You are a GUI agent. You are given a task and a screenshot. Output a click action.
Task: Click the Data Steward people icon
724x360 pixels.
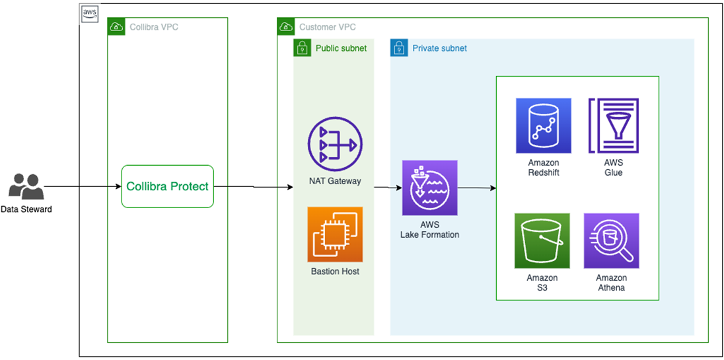coord(26,187)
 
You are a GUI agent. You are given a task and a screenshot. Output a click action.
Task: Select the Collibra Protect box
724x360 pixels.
coord(167,186)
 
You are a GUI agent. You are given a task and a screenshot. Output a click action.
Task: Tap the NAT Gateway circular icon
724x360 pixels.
coord(335,145)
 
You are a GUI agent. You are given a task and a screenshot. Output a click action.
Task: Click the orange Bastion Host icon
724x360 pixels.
coord(335,234)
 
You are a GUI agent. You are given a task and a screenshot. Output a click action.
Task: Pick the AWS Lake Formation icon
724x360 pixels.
coord(429,188)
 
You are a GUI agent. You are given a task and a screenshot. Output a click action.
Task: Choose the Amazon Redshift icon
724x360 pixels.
coord(543,126)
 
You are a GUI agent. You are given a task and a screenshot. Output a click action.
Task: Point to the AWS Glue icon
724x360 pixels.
coord(613,126)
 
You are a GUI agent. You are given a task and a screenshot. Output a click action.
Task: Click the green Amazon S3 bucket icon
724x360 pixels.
coord(542,240)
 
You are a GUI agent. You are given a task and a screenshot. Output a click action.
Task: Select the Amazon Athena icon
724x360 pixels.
coord(611,240)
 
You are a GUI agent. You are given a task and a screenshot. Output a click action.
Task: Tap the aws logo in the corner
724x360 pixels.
coord(89,13)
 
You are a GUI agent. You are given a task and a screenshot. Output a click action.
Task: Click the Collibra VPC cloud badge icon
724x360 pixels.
coord(116,26)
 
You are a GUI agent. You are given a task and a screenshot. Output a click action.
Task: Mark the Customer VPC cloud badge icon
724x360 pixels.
coord(286,26)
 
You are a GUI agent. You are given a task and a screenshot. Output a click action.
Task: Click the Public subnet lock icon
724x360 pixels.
coord(302,48)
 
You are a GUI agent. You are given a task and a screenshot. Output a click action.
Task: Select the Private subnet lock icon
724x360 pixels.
coord(399,48)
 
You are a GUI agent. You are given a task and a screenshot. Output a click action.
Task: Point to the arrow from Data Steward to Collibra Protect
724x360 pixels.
coord(83,187)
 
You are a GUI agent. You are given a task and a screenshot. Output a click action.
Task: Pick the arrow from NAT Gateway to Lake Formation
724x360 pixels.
coord(388,188)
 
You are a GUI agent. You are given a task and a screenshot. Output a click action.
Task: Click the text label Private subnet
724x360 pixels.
coord(439,48)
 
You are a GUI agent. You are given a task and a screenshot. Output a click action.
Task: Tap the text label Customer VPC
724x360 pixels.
coord(327,27)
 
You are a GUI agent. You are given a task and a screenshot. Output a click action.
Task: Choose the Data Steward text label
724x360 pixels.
coord(26,209)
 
